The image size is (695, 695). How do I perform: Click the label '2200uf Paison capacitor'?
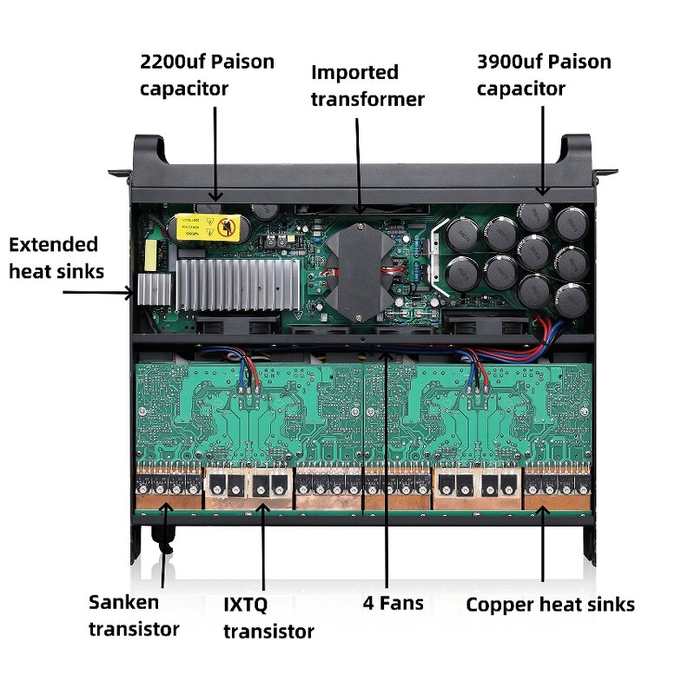[207, 75]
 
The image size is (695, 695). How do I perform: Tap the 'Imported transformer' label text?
[367, 85]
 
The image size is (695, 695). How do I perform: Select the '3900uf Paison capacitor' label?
[543, 75]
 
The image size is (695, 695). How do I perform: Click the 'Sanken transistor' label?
[134, 615]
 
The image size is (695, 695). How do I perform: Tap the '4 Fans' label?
[393, 602]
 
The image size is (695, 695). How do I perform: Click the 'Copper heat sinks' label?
[550, 605]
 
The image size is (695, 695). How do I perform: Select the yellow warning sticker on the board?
[209, 228]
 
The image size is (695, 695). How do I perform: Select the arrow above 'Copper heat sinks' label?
[543, 543]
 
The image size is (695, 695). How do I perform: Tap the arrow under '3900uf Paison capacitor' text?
[543, 148]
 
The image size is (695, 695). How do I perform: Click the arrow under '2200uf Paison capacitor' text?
[215, 152]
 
